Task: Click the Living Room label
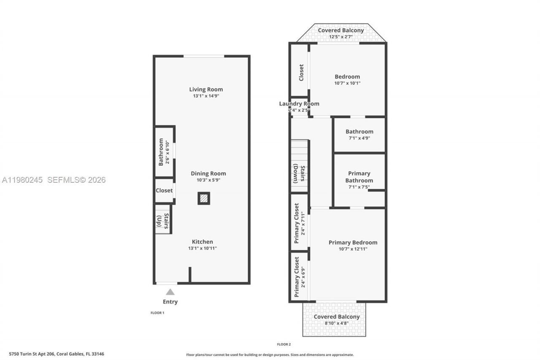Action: pos(206,89)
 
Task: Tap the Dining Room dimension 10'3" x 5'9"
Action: pos(208,180)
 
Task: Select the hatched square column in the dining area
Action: pos(204,198)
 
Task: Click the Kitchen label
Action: pos(202,242)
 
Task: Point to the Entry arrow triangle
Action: pos(170,292)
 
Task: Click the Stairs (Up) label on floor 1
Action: pos(163,222)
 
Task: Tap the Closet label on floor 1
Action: pos(164,190)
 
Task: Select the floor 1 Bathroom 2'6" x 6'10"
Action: pos(164,152)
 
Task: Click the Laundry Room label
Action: pos(299,104)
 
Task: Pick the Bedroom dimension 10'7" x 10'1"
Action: pos(347,84)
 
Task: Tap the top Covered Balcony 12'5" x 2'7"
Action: pos(341,33)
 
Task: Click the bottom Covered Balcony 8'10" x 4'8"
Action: pos(337,319)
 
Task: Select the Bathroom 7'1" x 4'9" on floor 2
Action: pos(359,135)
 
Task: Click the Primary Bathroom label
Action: pos(359,177)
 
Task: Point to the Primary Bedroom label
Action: pos(353,242)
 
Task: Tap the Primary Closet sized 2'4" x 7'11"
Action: pos(300,223)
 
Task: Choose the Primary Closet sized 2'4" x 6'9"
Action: pos(300,276)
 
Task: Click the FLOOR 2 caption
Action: pos(283,344)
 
